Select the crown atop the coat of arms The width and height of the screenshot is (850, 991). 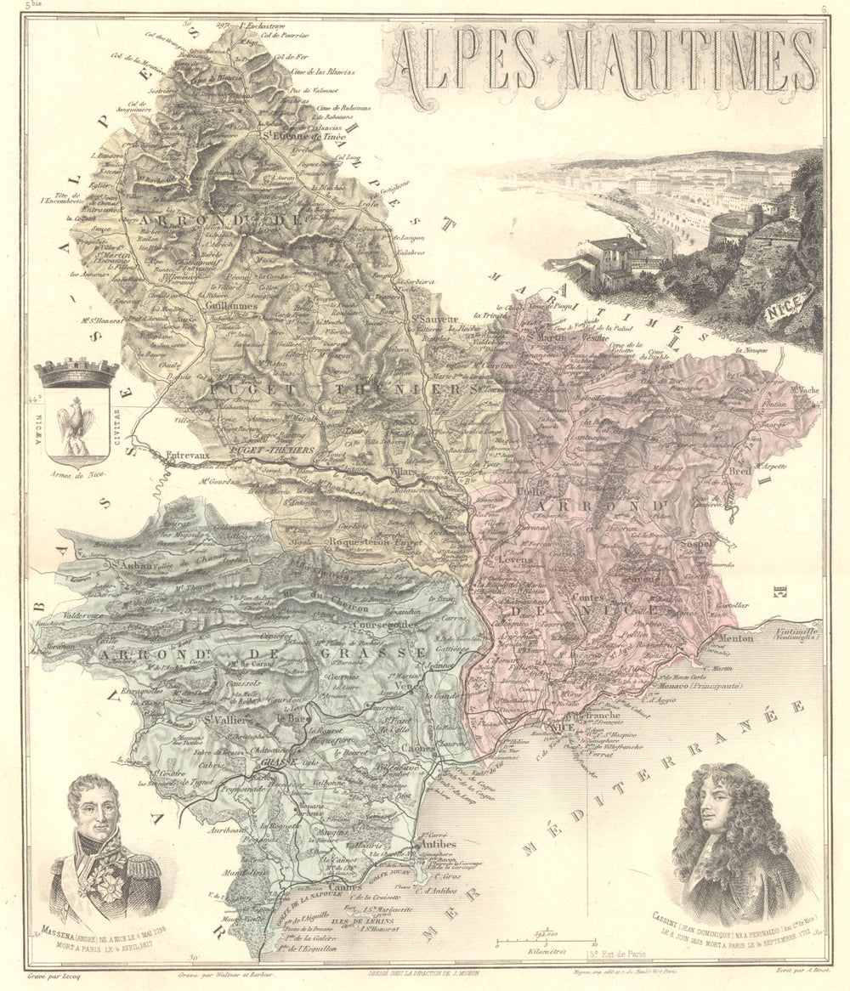76,372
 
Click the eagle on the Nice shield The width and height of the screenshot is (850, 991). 76,422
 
